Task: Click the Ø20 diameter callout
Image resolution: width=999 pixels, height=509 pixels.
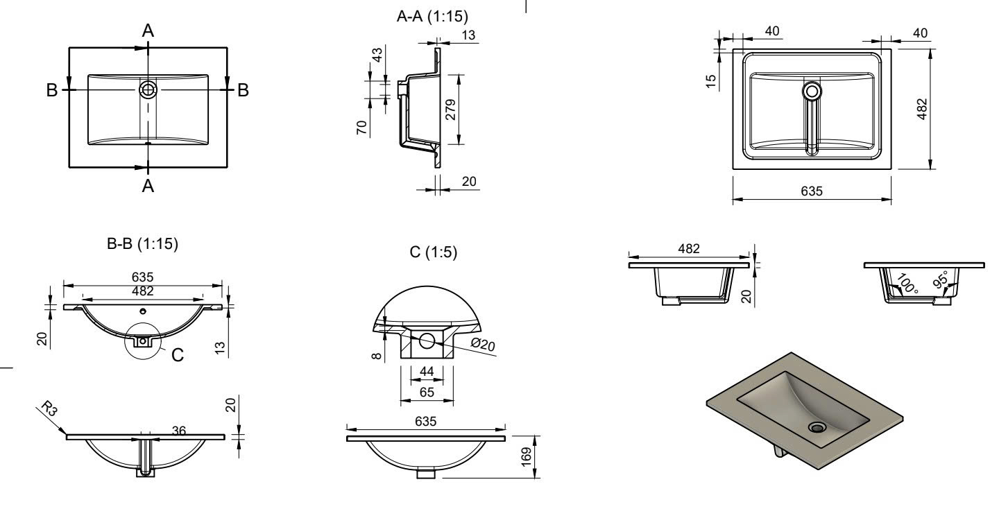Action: coord(483,344)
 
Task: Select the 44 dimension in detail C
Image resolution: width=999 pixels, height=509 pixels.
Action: coord(427,372)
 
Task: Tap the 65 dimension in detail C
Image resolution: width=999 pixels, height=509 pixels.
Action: coord(427,392)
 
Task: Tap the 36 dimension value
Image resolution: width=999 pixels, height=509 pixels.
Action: coord(178,431)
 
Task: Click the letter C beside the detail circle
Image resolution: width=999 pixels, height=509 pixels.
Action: coord(178,355)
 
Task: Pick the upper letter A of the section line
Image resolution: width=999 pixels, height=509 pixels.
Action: coord(148,30)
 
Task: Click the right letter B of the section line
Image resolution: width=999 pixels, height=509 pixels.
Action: coord(243,90)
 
